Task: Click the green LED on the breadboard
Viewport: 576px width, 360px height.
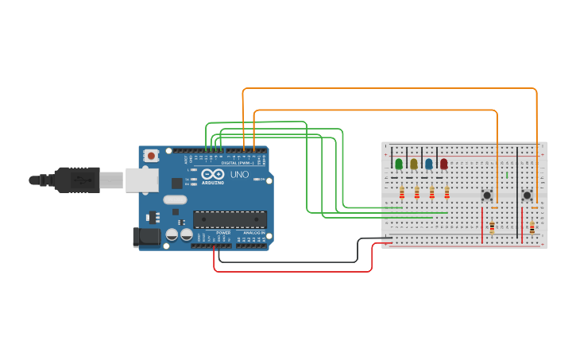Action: point(399,164)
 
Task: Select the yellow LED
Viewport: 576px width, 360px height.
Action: point(414,164)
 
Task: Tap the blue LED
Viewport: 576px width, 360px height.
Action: point(429,164)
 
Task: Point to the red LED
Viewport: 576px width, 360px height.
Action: point(444,164)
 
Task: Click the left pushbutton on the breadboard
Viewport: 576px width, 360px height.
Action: point(487,195)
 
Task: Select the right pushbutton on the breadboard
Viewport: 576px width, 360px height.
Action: point(527,195)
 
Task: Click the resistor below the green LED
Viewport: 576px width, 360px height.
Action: point(402,192)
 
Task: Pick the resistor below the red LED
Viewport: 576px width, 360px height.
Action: point(447,192)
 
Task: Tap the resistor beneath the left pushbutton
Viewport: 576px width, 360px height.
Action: point(492,228)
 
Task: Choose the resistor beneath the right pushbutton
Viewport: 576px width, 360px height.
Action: point(532,228)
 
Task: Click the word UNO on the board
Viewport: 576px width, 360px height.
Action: point(239,174)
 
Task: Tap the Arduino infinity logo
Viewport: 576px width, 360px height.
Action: point(212,174)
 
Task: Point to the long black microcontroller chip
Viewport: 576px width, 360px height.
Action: point(230,219)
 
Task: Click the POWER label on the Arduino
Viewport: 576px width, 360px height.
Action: point(223,233)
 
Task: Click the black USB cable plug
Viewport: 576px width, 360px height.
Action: point(77,180)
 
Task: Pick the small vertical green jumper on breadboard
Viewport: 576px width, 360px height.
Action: point(507,174)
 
